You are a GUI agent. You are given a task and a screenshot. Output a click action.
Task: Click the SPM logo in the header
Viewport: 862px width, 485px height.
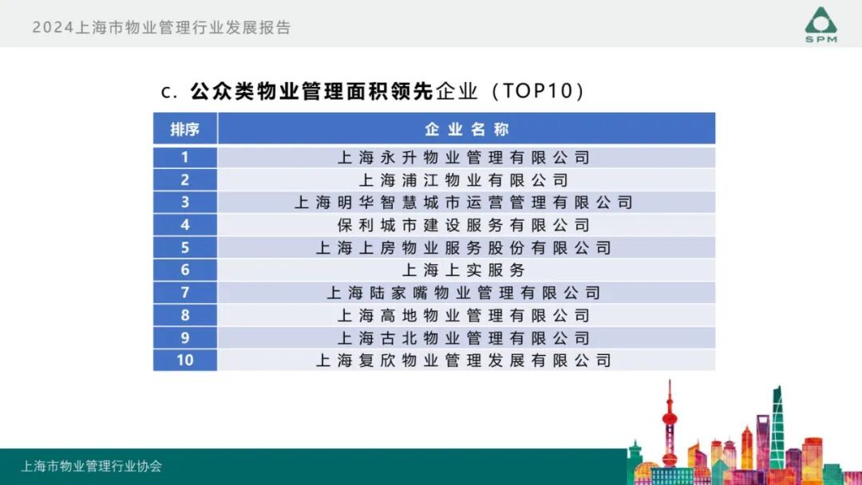[820, 25]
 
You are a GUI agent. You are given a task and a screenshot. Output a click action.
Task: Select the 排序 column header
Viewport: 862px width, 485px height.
[184, 129]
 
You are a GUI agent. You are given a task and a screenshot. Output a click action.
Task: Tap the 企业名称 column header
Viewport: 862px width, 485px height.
[466, 129]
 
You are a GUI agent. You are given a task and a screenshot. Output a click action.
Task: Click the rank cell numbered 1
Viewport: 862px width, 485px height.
[184, 157]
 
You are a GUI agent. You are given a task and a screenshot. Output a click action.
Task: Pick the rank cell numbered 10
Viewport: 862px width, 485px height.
[184, 361]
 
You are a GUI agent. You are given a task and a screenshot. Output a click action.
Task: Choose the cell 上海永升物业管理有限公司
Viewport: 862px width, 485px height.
[464, 157]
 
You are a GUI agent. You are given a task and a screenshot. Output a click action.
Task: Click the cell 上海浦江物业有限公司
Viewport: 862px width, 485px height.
[464, 180]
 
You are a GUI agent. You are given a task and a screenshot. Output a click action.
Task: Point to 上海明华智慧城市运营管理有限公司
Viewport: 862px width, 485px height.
[464, 203]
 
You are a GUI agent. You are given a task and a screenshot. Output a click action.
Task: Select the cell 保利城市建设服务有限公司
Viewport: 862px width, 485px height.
[464, 225]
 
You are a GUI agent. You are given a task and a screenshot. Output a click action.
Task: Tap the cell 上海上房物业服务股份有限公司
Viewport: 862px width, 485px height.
[464, 248]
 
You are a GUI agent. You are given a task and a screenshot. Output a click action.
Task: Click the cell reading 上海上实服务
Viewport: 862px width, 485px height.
[464, 270]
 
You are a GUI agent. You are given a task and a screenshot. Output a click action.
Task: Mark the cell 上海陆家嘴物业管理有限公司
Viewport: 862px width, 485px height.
[464, 293]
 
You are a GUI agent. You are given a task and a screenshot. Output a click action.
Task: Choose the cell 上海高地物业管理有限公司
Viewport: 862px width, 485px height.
[464, 316]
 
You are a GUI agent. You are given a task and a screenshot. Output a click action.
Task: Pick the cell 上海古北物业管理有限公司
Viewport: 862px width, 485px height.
[464, 338]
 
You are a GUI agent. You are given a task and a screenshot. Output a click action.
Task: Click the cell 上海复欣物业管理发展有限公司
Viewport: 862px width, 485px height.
[464, 361]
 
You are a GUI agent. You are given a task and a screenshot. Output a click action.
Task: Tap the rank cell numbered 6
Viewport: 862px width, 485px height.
[184, 270]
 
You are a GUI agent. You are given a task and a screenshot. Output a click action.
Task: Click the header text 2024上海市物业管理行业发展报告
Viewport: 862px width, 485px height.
[162, 28]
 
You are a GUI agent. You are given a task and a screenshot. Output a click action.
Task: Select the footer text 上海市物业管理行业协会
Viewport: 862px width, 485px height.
[92, 466]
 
